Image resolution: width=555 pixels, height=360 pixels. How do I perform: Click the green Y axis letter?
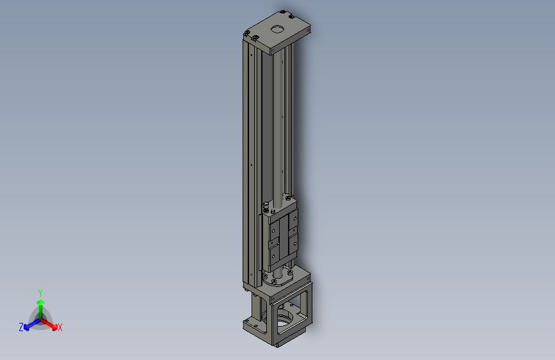pyautogui.click(x=40, y=292)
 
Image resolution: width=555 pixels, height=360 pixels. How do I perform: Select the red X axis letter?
pyautogui.click(x=60, y=327)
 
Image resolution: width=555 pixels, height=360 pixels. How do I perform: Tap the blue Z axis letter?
pyautogui.click(x=21, y=327)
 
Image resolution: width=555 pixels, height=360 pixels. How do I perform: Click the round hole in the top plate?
pyautogui.click(x=277, y=28)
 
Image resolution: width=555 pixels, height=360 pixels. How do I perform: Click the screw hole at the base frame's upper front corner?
pyautogui.click(x=274, y=299)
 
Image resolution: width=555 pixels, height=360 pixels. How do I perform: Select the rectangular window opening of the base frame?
pyautogui.click(x=293, y=314)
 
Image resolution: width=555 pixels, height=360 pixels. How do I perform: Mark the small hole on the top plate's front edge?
pyautogui.click(x=273, y=49)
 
